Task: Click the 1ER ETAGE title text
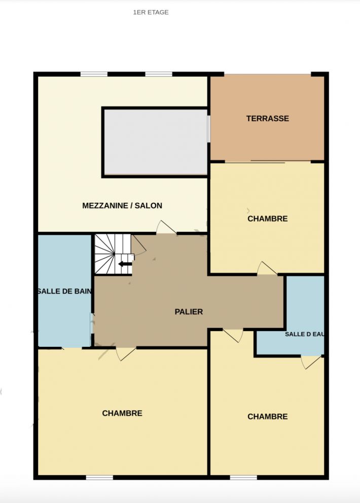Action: point(151,12)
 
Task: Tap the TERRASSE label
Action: point(268,118)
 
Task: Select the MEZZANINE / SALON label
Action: point(122,206)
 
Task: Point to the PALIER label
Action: point(189,311)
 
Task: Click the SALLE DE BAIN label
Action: point(64,291)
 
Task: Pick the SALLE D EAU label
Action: point(304,334)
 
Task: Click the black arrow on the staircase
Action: point(125,264)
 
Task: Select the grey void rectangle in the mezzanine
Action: point(155,142)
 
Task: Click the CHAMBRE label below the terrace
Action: point(268,219)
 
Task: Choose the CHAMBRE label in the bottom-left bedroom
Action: point(122,413)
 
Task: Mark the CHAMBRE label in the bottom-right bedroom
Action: point(268,416)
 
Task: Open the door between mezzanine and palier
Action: point(166,227)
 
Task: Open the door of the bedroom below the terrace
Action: point(267,269)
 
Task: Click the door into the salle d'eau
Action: point(311,362)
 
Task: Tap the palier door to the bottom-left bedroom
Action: point(126,353)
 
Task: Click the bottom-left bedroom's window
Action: point(99,478)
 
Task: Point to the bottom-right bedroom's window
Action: point(243,478)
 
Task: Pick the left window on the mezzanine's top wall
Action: point(94,74)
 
